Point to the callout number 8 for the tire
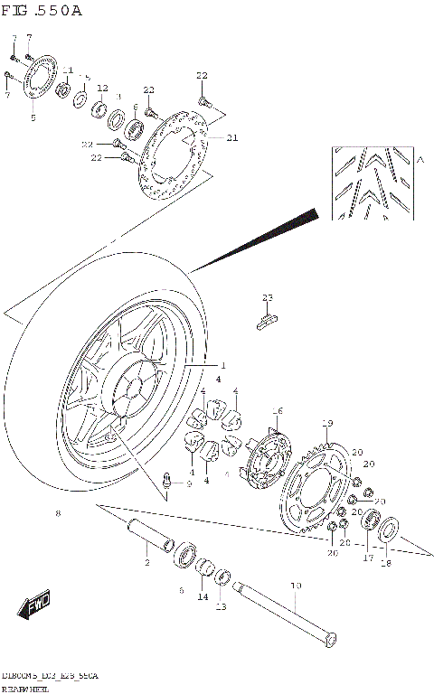coord(58,513)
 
